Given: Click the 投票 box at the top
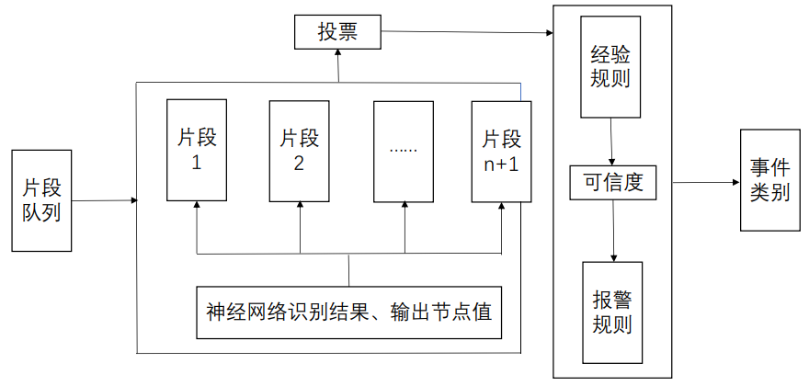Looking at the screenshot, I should (336, 33).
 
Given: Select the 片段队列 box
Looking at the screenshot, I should (41, 199).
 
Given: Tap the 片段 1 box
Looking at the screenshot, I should (197, 150).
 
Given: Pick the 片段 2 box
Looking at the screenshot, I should (300, 150).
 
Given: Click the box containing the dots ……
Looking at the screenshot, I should (404, 150).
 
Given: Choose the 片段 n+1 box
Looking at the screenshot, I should (502, 150).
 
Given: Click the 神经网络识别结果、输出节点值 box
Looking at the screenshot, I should (348, 312).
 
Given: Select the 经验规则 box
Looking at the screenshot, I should (610, 67).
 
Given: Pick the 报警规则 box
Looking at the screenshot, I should (612, 312).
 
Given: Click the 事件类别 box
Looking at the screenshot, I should (769, 180).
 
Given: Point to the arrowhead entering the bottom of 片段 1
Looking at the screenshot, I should (197, 206).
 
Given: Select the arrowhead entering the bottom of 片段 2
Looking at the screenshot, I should (300, 206).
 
